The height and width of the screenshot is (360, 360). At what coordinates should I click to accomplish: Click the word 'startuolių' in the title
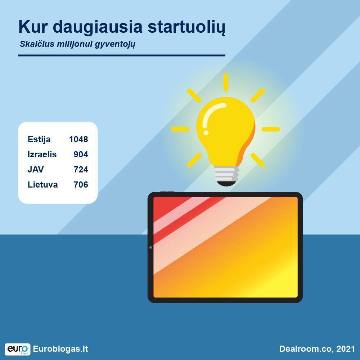[x=186, y=27]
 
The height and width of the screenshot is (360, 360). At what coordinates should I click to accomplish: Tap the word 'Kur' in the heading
[x=33, y=27]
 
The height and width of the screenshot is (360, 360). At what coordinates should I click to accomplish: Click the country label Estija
[x=39, y=139]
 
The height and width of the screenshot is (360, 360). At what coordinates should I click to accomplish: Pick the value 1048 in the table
[x=78, y=139]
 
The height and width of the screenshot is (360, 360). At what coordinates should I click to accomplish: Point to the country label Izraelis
[x=42, y=154]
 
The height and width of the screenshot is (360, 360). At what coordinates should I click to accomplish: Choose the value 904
[x=81, y=154]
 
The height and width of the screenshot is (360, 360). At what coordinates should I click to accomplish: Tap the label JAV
[x=36, y=170]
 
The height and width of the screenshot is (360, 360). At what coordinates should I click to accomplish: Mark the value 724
[x=81, y=170]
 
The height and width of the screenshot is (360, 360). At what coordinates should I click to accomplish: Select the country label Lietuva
[x=43, y=185]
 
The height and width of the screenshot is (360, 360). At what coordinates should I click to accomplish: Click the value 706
[x=81, y=185]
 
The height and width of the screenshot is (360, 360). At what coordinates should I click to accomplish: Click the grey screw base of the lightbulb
[x=226, y=174]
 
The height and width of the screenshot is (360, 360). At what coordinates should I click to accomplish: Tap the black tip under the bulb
[x=226, y=184]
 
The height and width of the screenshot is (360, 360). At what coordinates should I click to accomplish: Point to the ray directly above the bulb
[x=226, y=82]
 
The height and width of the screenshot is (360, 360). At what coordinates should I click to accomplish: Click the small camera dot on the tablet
[x=150, y=248]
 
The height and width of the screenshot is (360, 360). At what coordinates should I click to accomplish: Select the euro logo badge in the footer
[x=17, y=349]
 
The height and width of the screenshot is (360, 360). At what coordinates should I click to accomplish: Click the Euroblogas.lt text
[x=60, y=349]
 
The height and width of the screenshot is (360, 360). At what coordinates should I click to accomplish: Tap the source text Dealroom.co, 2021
[x=317, y=349]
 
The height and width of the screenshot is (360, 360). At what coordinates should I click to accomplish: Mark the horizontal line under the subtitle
[x=122, y=55]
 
